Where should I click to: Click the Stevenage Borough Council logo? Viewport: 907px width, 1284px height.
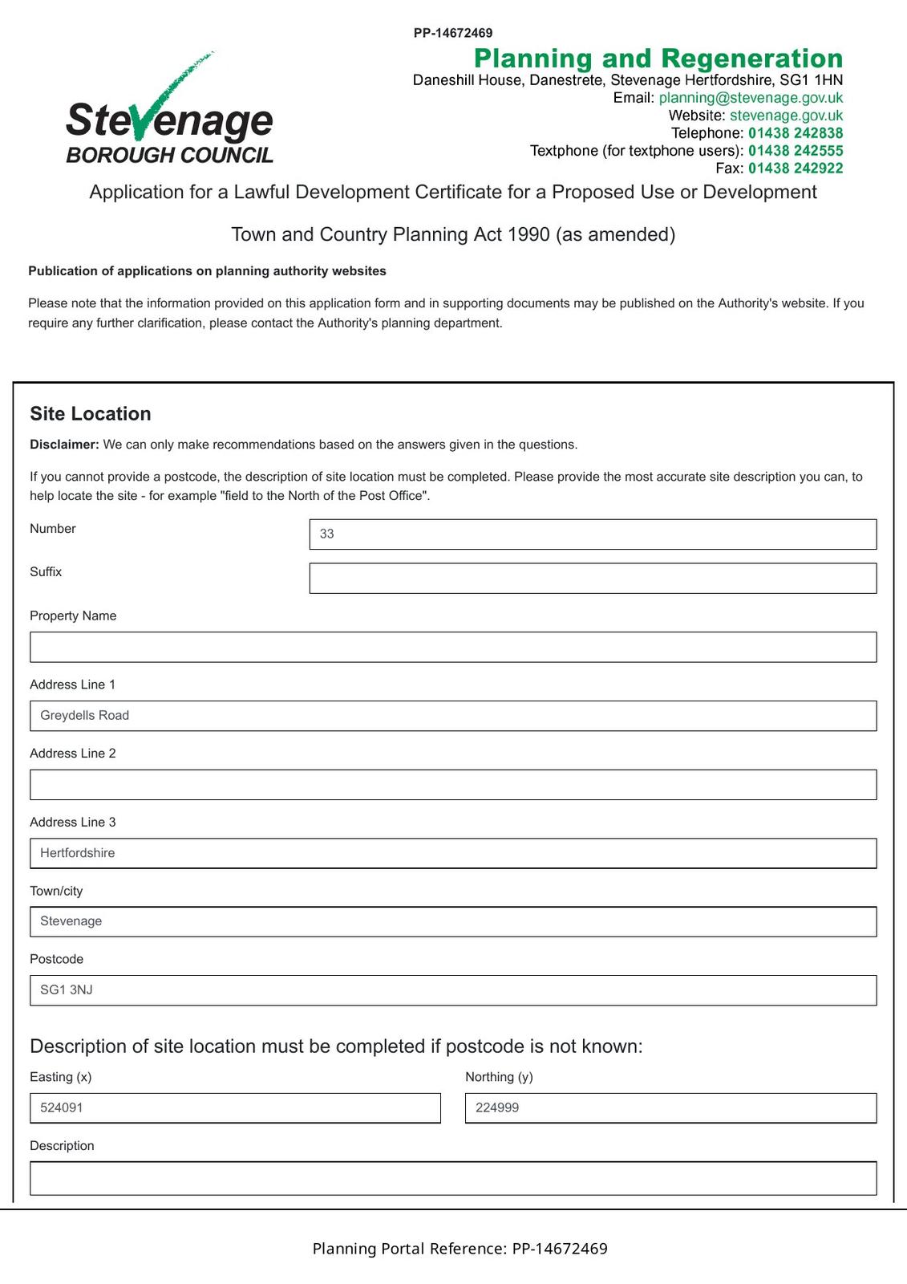coord(169,112)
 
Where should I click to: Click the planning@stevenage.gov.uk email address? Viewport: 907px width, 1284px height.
coord(751,98)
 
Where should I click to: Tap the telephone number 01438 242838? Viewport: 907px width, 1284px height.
coord(796,133)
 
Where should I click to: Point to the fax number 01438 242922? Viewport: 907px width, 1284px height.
coord(796,169)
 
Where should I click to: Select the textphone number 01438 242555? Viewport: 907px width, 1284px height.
coord(796,151)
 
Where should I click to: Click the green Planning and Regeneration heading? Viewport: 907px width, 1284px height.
coord(658,59)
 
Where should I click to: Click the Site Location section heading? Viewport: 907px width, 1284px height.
coord(91,413)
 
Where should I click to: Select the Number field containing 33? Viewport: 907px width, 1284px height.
coord(593,534)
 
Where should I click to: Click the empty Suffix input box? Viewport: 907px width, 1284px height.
coord(593,579)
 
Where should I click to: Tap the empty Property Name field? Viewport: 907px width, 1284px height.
coord(453,647)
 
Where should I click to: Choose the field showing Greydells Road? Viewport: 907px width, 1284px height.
coord(453,716)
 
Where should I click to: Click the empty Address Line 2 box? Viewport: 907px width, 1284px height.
coord(453,785)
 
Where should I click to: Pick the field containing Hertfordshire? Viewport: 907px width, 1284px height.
coord(453,853)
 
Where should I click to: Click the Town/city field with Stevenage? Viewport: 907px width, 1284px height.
coord(453,921)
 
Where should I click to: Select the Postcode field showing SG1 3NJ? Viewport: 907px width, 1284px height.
coord(453,990)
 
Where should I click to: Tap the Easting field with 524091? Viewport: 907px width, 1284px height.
coord(235,1108)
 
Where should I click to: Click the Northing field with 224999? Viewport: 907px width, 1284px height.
coord(670,1108)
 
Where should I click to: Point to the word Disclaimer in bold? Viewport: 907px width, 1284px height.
coord(64,445)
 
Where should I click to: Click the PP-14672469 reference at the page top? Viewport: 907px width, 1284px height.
coord(453,33)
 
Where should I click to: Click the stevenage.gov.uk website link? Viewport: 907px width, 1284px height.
coord(786,116)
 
